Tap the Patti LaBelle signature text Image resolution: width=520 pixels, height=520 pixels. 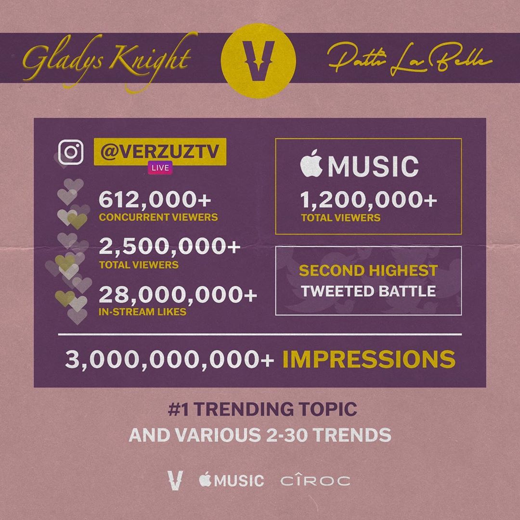click(x=410, y=60)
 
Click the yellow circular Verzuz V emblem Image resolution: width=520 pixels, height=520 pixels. click(x=259, y=60)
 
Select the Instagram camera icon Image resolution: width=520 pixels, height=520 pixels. click(x=71, y=152)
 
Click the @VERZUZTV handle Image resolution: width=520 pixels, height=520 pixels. click(x=160, y=152)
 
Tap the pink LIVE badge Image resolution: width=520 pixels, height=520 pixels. click(x=160, y=168)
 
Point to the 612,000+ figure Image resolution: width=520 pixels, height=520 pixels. click(x=155, y=200)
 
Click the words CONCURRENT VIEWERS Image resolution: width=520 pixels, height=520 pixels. click(x=158, y=217)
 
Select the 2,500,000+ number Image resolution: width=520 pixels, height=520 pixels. click(x=169, y=247)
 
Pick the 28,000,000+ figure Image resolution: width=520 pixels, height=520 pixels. click(x=178, y=295)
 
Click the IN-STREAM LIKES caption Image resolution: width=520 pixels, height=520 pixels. click(x=142, y=312)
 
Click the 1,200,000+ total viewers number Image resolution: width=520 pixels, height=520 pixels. click(x=368, y=200)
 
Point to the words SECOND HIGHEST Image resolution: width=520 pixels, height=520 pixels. click(x=368, y=271)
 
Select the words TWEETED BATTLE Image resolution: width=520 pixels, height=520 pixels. click(x=368, y=291)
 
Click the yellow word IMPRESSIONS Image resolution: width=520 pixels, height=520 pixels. click(x=369, y=359)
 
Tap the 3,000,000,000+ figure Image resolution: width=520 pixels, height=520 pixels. click(x=169, y=359)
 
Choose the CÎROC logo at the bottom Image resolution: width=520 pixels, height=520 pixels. click(x=315, y=480)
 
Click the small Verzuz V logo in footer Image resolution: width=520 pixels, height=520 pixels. click(x=175, y=480)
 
